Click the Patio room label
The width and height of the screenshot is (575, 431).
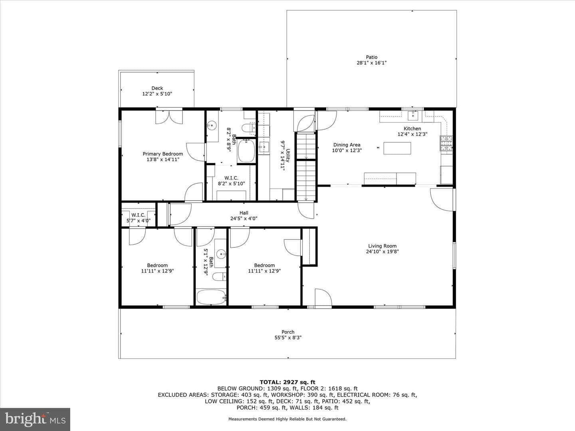pyautogui.click(x=371, y=57)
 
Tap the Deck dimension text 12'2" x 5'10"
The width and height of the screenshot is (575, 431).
pyautogui.click(x=157, y=94)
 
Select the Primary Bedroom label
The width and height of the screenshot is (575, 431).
pyautogui.click(x=163, y=154)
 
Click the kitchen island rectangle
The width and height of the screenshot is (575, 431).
pyautogui.click(x=397, y=148)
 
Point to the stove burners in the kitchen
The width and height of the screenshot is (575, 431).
pyautogui.click(x=446, y=143)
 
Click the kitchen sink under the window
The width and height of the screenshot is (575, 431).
pyautogui.click(x=413, y=115)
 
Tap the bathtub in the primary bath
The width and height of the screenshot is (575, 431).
pyautogui.click(x=246, y=151)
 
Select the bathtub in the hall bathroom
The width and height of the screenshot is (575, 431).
pyautogui.click(x=211, y=297)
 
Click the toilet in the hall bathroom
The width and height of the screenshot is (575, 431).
pyautogui.click(x=219, y=277)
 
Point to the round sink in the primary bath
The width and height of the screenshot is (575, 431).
pyautogui.click(x=211, y=126)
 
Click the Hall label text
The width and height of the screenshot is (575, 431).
pyautogui.click(x=244, y=213)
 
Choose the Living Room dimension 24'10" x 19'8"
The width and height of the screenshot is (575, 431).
pyautogui.click(x=382, y=251)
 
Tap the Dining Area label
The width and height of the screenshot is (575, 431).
pyautogui.click(x=347, y=145)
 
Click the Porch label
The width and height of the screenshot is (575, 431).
pyautogui.click(x=288, y=332)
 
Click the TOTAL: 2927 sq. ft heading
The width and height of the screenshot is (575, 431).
pyautogui.click(x=287, y=382)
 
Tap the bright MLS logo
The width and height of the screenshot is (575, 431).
pyautogui.click(x=35, y=419)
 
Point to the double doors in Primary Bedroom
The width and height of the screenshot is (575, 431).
pyautogui.click(x=169, y=117)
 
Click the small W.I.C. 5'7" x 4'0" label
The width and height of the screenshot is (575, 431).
pyautogui.click(x=138, y=218)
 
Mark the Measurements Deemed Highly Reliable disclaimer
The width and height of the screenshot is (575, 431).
pyautogui.click(x=287, y=419)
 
